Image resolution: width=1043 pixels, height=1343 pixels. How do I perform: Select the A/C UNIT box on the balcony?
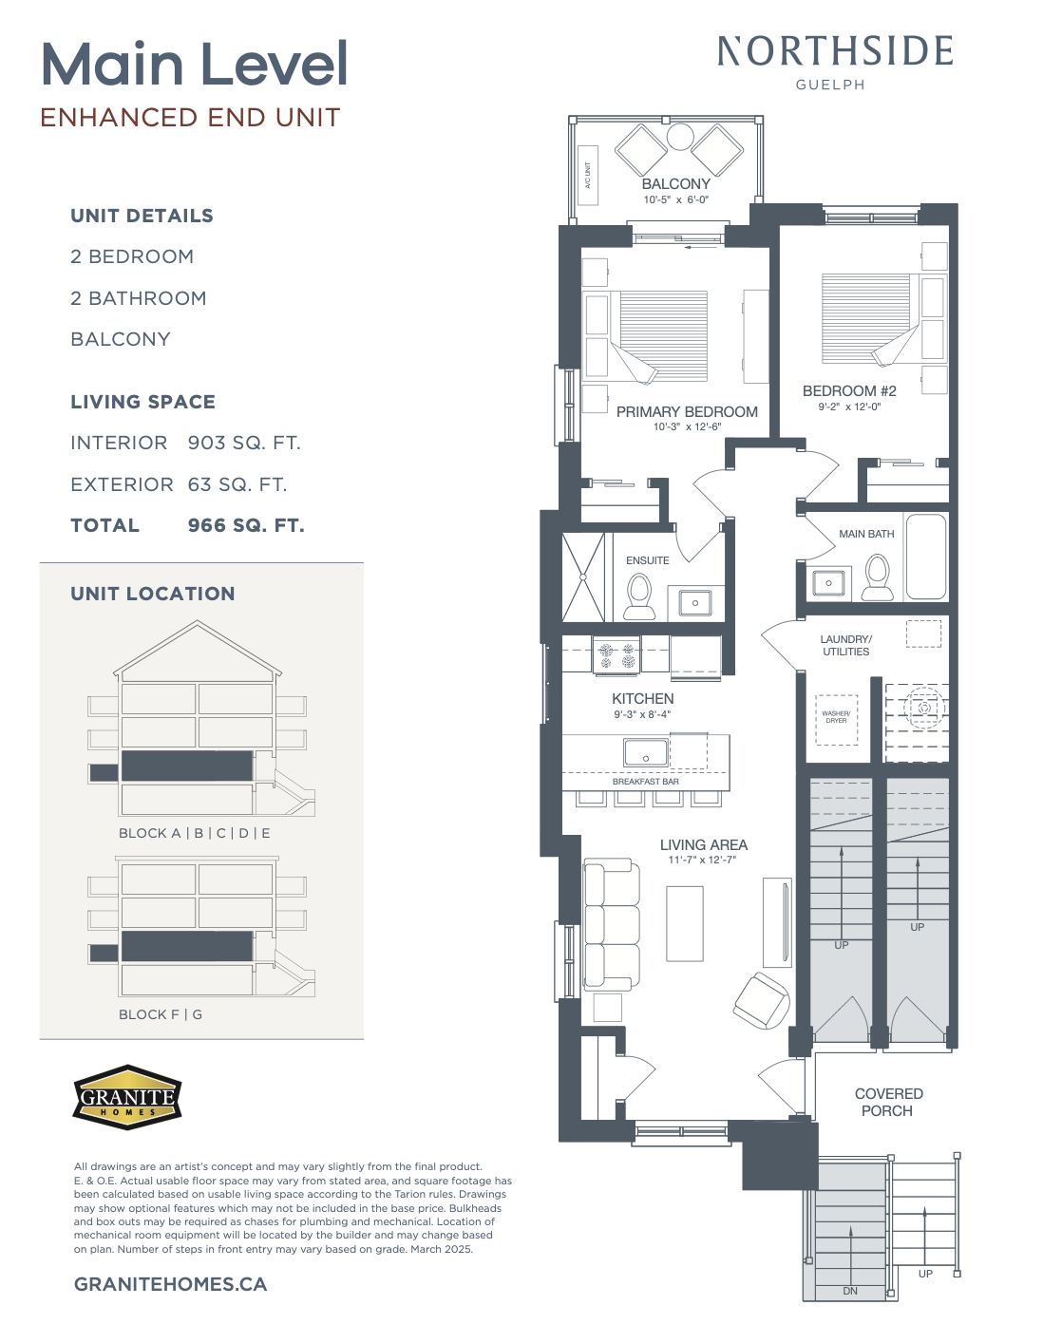pos(588,176)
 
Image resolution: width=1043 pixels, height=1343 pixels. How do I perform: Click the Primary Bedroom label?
pos(687,411)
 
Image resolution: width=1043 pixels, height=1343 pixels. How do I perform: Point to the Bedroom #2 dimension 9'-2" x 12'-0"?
pos(849,407)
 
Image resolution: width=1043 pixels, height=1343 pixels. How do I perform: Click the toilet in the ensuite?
pos(639,596)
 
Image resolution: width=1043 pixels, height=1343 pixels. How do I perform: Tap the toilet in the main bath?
pos(878,577)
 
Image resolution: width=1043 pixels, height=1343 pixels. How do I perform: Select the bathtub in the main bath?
pos(926,557)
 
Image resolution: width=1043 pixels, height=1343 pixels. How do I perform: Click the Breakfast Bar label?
pos(646,782)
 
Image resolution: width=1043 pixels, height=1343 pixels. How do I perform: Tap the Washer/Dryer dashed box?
pos(836,719)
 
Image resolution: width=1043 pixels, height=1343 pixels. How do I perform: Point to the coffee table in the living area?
pos(685,924)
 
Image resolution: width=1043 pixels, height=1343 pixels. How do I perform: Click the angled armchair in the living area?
pos(762,1001)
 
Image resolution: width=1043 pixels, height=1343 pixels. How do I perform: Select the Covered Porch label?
pos(888,1102)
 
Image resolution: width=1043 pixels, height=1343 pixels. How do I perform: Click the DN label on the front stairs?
pos(850,1291)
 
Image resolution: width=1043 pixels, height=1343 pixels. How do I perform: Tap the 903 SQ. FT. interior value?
pos(244,444)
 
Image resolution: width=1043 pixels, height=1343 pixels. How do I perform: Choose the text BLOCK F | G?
pos(161,1014)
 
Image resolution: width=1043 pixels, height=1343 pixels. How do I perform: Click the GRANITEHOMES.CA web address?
pos(171,1284)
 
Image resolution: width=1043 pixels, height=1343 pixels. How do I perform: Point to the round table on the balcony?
pos(680,137)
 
